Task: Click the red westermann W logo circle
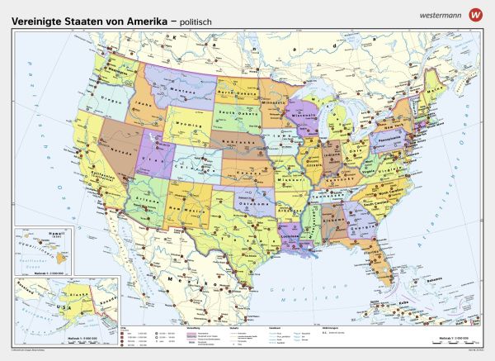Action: coord(474,14)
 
